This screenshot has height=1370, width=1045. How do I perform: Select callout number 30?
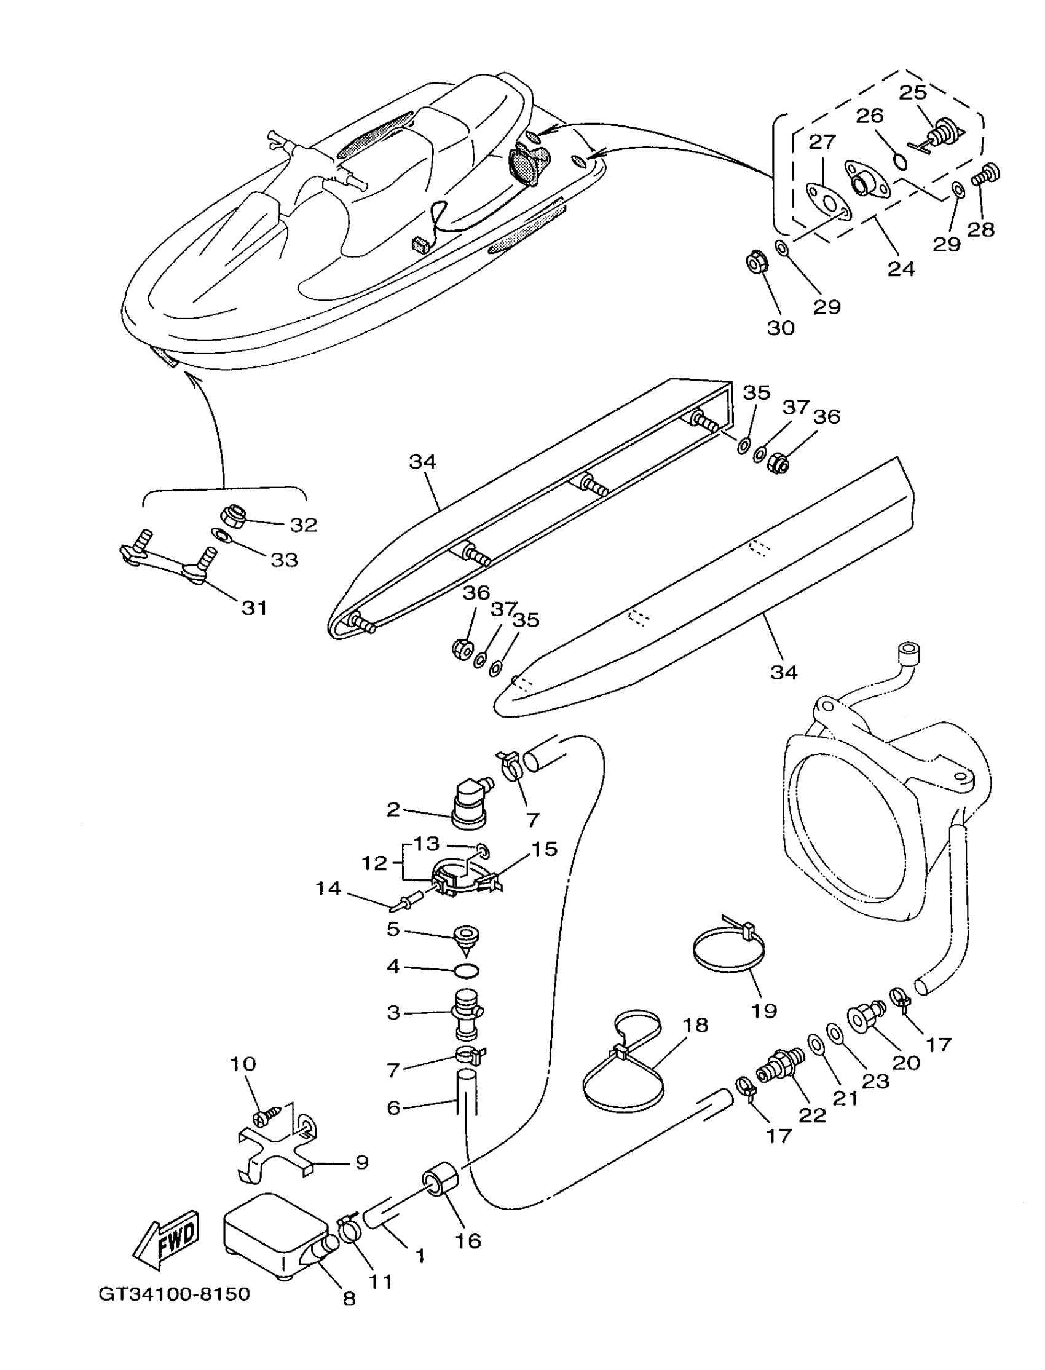click(781, 328)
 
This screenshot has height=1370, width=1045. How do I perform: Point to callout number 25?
click(913, 92)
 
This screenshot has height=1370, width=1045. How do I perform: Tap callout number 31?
click(254, 608)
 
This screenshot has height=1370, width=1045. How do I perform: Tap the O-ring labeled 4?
click(466, 970)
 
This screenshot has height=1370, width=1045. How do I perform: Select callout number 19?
click(764, 1010)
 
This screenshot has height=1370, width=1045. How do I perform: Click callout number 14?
click(328, 889)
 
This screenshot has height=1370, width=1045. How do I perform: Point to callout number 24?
click(901, 269)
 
